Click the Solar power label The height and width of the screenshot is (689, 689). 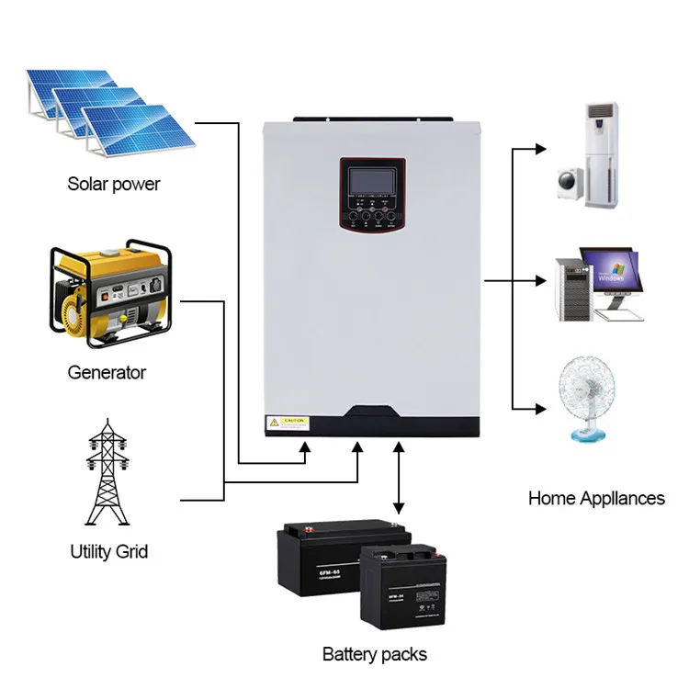(114, 184)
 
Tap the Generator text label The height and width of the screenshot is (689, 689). (107, 373)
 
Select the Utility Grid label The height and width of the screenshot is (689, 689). (108, 552)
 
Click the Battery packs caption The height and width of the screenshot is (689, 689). (375, 654)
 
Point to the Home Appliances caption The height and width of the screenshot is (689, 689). (596, 499)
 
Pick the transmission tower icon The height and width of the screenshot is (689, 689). (108, 472)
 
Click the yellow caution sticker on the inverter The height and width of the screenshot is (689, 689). (287, 423)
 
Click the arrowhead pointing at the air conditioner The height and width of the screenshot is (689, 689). (540, 147)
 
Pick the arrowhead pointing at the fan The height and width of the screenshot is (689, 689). (540, 407)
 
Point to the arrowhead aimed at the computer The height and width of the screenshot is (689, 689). (540, 277)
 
